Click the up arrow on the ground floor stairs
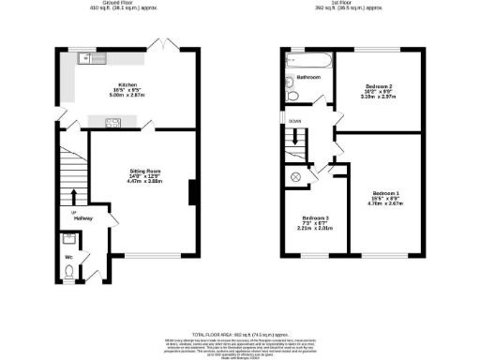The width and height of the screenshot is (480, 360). click(73, 195)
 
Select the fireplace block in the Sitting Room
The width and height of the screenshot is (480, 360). click(192, 192)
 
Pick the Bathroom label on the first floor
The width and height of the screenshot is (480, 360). click(309, 78)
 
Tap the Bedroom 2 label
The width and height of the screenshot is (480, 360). click(379, 89)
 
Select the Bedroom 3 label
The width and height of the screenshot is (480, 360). click(314, 222)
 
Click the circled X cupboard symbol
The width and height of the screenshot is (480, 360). click(296, 177)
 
